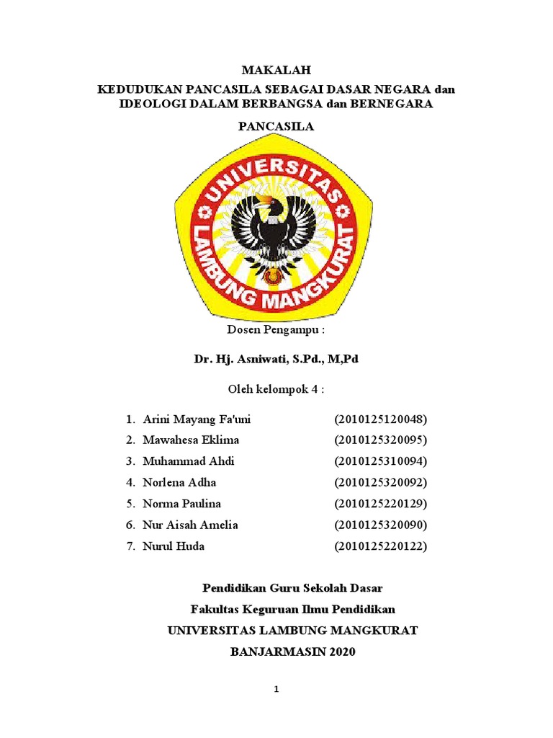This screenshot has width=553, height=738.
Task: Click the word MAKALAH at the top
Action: tap(276, 71)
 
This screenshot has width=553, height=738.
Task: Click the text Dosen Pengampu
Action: tap(276, 330)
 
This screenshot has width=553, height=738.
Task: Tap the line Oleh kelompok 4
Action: tap(276, 389)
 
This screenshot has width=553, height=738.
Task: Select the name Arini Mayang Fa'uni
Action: tap(197, 419)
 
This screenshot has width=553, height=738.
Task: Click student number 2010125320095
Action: tap(381, 440)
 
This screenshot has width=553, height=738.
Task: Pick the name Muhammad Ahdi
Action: tap(189, 461)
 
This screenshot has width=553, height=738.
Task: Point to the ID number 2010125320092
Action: tap(381, 483)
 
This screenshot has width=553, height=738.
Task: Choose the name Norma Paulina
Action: tap(181, 504)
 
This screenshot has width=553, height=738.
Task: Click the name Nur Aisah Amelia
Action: tap(190, 525)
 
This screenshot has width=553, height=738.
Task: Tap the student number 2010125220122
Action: tap(381, 546)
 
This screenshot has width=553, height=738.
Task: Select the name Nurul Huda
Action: tap(174, 546)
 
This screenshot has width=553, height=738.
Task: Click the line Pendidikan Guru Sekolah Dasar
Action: tap(292, 589)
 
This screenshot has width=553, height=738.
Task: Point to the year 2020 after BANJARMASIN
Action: tap(341, 652)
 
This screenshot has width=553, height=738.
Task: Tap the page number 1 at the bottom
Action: tap(276, 690)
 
